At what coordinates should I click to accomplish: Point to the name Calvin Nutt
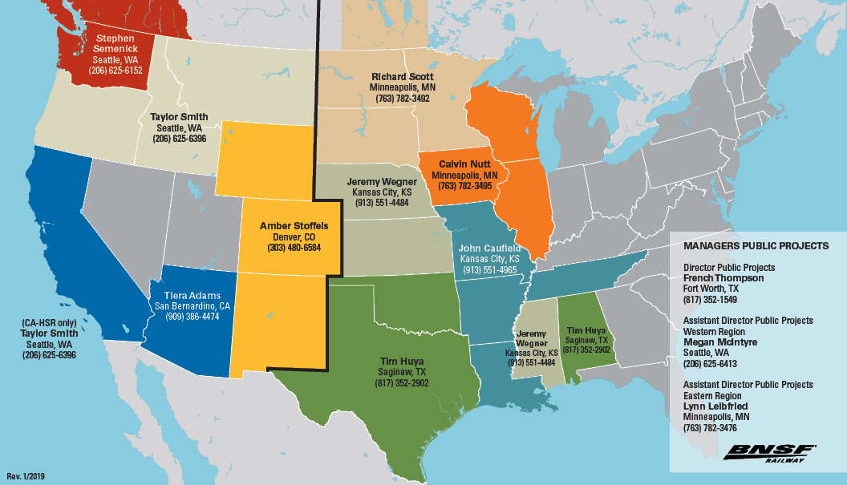point(464,164)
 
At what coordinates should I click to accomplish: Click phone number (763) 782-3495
point(464,186)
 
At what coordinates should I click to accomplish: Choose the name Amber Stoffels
point(294,226)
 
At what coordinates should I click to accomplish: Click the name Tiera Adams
point(192,294)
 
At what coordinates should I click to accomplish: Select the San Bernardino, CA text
point(192,305)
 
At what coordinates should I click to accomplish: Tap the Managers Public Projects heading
point(756,245)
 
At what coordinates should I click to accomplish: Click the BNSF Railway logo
point(769,452)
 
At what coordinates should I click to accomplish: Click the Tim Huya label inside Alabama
point(586,329)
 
